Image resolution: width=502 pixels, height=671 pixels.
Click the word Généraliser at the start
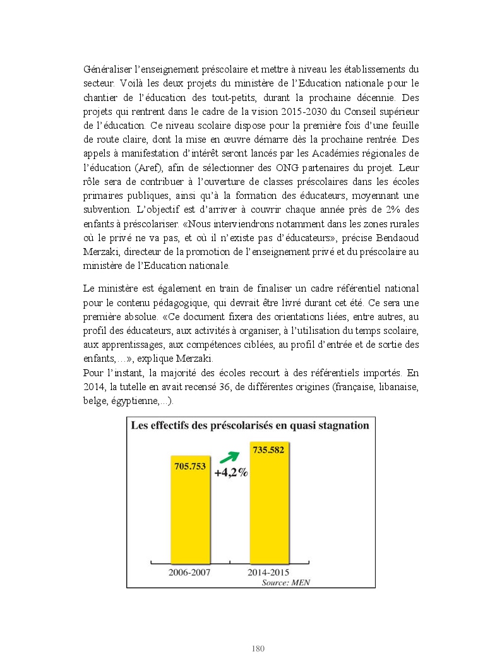click(x=105, y=69)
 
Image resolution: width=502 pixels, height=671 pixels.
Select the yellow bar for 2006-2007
click(x=190, y=518)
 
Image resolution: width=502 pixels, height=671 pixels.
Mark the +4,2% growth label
click(x=230, y=473)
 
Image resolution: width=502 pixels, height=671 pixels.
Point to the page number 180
click(x=258, y=648)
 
